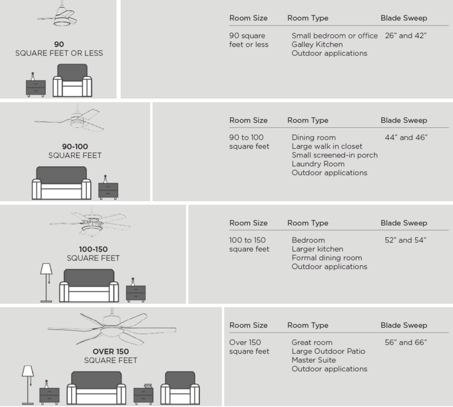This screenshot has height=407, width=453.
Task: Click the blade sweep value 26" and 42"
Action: pos(405,36)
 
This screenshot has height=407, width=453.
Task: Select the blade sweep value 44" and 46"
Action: pos(405,137)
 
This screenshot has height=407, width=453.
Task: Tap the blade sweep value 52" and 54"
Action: pos(405,240)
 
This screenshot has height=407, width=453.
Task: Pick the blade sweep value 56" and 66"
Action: pos(405,342)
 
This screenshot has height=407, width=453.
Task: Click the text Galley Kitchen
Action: pos(317,45)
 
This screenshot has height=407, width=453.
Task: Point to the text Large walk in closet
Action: pos(327,146)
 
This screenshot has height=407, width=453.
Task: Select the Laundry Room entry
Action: pos(317,164)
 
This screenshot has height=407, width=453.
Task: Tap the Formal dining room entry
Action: pos(326,258)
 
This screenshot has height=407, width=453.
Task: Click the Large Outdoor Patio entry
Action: pos(328,351)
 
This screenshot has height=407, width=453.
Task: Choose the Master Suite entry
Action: pos(313,360)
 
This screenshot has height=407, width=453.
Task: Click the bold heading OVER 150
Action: pos(111,352)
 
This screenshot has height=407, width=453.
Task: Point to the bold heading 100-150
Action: pos(93,249)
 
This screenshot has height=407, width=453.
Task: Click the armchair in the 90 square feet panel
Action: pos(73,81)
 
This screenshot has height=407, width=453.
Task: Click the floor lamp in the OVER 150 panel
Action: pos(28,383)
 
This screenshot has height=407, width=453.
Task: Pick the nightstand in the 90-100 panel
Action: pos(108,189)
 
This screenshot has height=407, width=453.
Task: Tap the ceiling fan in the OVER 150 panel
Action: pos(111,327)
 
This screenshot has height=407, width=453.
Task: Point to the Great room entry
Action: pos(311,342)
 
